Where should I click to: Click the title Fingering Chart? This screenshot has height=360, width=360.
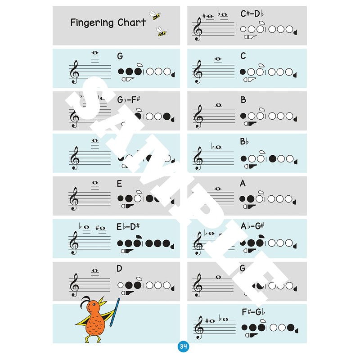click(108, 22)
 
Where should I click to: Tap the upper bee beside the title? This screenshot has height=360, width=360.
click(156, 15)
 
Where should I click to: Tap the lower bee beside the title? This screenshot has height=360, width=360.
click(161, 31)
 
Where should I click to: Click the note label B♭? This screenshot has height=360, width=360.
click(244, 142)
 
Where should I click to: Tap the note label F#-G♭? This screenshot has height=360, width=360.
click(252, 311)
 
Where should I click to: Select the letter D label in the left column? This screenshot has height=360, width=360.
click(119, 269)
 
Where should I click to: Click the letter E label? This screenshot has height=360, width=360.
click(119, 184)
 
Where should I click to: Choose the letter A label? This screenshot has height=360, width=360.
click(243, 184)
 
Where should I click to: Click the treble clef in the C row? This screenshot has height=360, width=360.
click(198, 72)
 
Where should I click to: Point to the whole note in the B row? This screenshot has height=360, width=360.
click(219, 105)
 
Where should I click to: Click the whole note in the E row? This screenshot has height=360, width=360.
click(95, 183)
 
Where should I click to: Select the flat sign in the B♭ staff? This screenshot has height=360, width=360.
click(213, 146)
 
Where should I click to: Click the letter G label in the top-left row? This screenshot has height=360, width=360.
click(120, 56)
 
